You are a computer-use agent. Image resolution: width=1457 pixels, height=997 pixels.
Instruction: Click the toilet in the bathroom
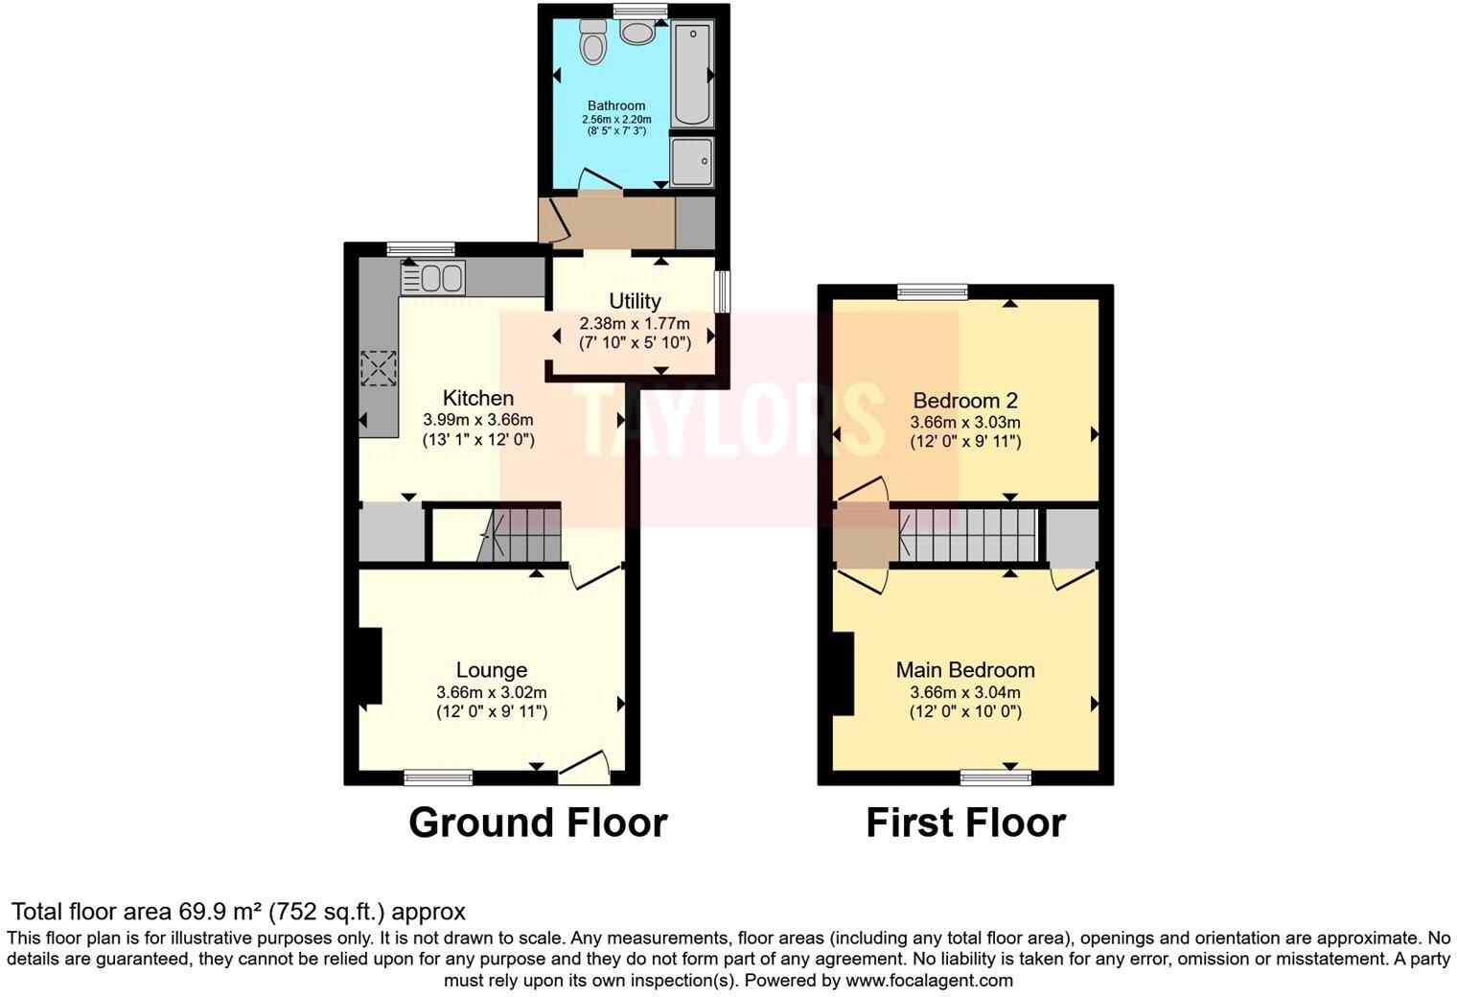(594, 42)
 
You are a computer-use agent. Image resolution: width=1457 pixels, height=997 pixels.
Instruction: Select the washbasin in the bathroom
(636, 32)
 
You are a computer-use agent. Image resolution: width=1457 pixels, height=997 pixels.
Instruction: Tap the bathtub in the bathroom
(691, 75)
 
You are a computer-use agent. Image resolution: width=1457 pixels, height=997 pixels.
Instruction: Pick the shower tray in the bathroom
(692, 159)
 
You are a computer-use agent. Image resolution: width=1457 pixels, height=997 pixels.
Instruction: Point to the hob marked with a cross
(379, 368)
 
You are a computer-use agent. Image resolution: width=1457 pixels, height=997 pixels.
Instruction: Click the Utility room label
(635, 301)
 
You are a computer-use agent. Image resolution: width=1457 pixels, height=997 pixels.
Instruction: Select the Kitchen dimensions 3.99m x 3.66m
(477, 420)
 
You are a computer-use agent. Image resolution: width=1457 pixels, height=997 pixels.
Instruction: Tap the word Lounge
(491, 670)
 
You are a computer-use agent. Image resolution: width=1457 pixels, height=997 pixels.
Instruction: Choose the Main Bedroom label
(964, 670)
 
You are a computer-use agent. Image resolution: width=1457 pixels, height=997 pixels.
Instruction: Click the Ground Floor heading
(537, 823)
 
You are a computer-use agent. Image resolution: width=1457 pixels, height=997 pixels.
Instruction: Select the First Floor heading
(965, 823)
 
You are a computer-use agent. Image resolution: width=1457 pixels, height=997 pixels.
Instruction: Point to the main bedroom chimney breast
(843, 674)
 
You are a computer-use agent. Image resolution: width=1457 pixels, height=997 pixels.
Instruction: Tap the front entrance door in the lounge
(585, 765)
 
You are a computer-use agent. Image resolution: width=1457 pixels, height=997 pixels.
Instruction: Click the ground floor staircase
(518, 534)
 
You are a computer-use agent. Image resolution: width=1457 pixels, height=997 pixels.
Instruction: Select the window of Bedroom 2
(932, 291)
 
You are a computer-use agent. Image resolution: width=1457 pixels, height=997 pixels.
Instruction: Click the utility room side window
(724, 291)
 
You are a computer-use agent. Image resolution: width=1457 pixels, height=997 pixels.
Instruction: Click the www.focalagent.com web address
(929, 981)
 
